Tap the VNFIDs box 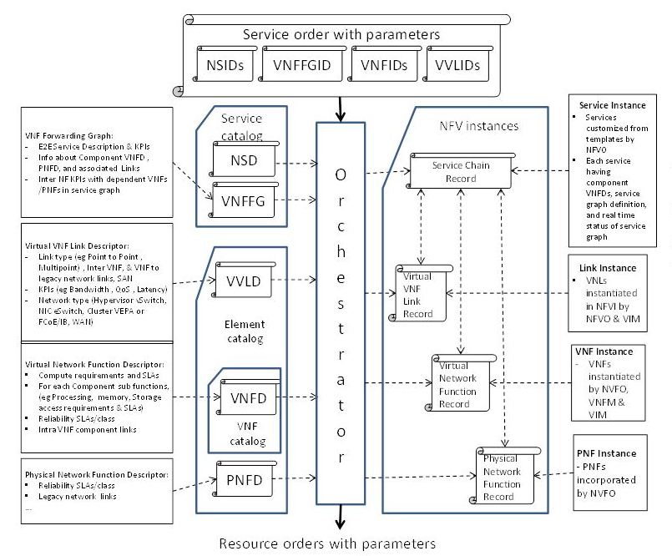click(383, 64)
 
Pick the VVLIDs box click(457, 64)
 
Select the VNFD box click(248, 398)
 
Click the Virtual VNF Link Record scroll click(421, 292)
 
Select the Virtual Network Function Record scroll click(459, 383)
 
